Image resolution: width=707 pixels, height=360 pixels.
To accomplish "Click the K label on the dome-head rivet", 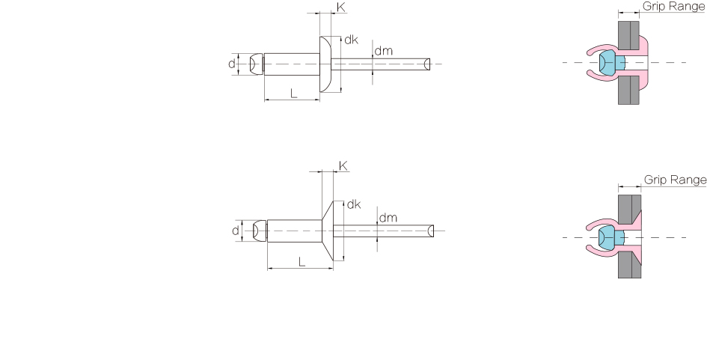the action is click(x=341, y=7).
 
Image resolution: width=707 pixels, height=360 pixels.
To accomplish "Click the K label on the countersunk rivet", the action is click(x=343, y=166).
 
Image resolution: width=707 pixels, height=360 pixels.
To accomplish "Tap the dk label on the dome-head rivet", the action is click(x=351, y=40).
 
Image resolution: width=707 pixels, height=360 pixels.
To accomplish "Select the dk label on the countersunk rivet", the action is click(x=354, y=204).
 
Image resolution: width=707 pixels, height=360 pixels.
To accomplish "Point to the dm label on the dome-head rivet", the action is click(x=383, y=51).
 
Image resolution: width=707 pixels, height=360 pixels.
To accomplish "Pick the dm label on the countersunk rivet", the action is click(x=388, y=218).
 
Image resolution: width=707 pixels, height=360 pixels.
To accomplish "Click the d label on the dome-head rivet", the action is click(x=232, y=64).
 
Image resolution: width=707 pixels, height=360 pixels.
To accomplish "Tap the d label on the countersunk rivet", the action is click(x=236, y=231).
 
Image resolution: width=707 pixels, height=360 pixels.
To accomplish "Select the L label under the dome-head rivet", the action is click(x=293, y=94).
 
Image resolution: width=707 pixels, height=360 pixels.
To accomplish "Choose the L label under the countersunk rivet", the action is click(x=302, y=261).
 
